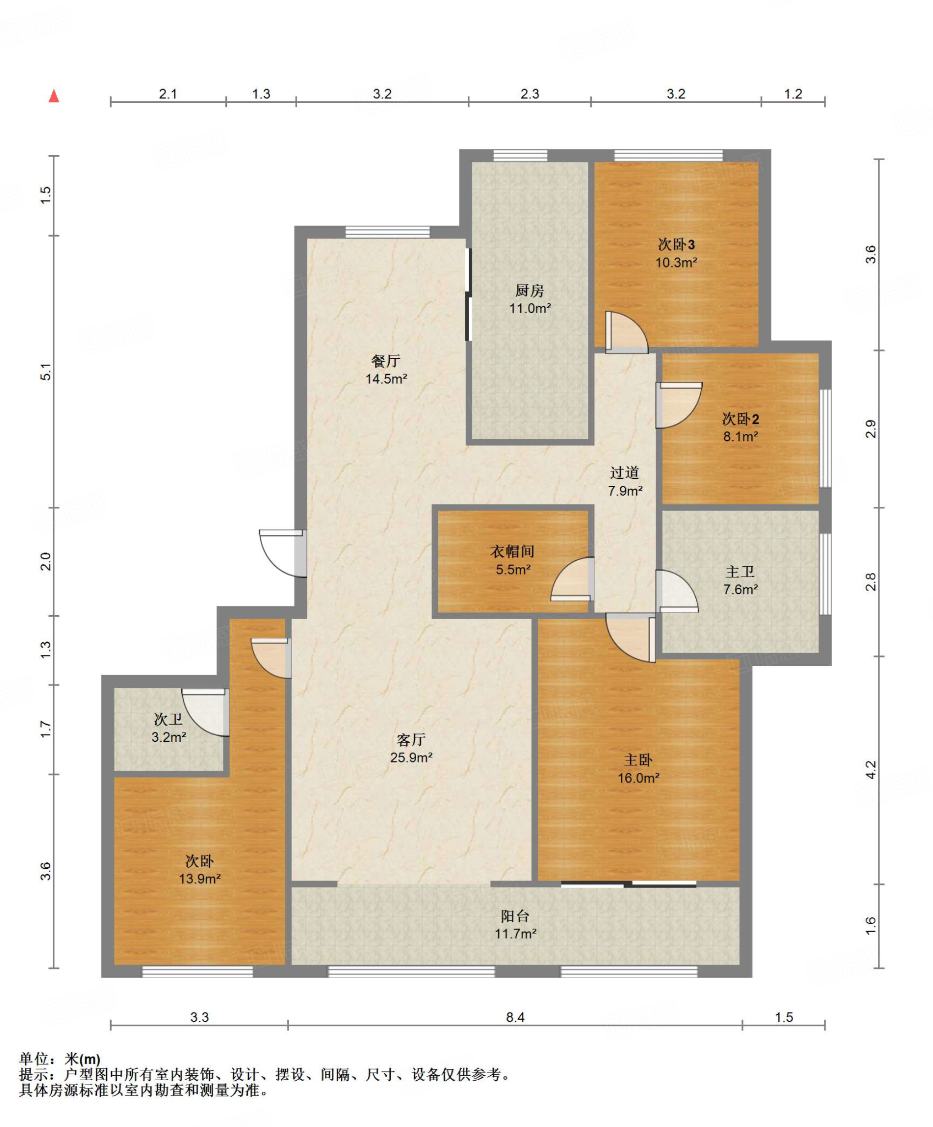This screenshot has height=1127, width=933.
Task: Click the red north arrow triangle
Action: coord(54,96)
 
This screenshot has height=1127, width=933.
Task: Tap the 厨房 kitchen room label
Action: coord(530,290)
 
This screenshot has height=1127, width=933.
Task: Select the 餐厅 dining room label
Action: coord(386,361)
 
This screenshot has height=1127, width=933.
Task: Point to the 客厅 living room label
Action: coord(411,740)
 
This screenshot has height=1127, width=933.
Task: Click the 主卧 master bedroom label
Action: coord(638,760)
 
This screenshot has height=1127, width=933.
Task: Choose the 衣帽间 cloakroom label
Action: coord(512,551)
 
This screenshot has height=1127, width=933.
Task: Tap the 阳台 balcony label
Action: coord(515,916)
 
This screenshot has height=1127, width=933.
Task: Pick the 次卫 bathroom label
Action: coord(168,719)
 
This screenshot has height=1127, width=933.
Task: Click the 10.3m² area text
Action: coord(676,262)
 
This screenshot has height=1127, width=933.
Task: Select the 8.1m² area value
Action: coord(741,436)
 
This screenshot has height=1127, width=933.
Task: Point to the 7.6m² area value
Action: coord(741,589)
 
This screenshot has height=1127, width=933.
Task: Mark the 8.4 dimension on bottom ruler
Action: coord(515,1017)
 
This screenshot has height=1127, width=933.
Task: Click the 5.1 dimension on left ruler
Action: coord(46,372)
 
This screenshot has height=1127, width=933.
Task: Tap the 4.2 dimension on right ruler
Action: coord(870,769)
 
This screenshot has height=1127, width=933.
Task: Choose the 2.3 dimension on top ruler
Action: coord(530,94)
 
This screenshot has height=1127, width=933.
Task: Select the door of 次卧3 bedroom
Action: coord(627,332)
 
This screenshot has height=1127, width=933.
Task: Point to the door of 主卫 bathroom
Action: coord(677,592)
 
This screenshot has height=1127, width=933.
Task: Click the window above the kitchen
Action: coord(520,155)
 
